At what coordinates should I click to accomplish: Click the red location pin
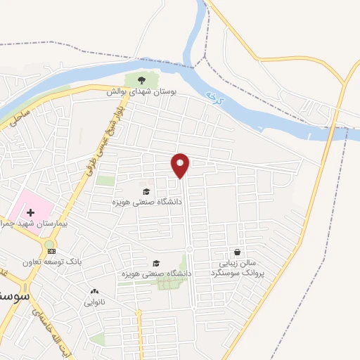(x=181, y=166)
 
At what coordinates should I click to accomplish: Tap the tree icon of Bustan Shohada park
(x=143, y=80)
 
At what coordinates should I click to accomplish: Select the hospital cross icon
(x=30, y=212)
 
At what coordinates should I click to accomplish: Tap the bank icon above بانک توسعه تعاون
(x=51, y=251)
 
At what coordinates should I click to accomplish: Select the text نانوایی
(x=94, y=303)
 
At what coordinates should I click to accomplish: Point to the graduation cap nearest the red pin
(x=146, y=191)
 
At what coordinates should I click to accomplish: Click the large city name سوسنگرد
(x=14, y=296)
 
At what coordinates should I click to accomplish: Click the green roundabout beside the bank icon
(x=50, y=244)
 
